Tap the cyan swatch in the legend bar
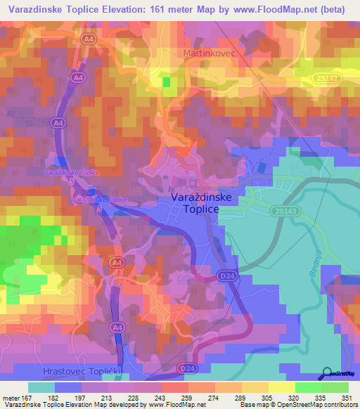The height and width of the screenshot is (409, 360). (x=41, y=387)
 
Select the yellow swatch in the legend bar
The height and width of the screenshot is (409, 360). (x=282, y=387)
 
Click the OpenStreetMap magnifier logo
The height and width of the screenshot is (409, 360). (x=327, y=373)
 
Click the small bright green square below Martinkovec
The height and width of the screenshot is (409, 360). (x=167, y=82)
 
